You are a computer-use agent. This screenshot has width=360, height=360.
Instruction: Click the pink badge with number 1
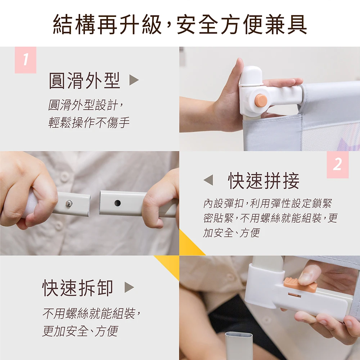[x=26, y=60]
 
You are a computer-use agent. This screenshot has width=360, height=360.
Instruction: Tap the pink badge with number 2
[x=338, y=165]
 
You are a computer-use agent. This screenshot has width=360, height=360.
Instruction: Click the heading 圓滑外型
[x=85, y=80]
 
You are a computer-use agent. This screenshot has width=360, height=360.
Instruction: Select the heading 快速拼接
[x=264, y=180]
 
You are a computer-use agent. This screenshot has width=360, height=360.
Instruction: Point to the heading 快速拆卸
[x=78, y=288]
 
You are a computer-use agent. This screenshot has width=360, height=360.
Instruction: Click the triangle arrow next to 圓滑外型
[x=134, y=80]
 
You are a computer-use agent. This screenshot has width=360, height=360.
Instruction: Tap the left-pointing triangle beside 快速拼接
[x=208, y=180]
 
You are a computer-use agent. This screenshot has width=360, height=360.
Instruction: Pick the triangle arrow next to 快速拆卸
[x=129, y=287]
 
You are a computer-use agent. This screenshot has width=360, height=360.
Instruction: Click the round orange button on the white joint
[x=261, y=100]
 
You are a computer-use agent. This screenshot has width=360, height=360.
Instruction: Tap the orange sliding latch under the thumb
[x=300, y=284]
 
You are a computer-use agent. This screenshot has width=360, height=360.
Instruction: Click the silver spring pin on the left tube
[x=69, y=203]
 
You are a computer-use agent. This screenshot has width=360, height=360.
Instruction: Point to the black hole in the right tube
[x=117, y=203]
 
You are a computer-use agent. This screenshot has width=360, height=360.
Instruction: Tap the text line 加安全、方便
[x=231, y=233]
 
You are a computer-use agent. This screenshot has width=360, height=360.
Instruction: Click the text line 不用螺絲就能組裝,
[x=91, y=313]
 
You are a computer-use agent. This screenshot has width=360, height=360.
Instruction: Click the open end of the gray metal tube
[x=239, y=336]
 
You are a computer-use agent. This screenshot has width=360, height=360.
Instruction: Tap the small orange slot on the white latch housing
[x=294, y=295]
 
